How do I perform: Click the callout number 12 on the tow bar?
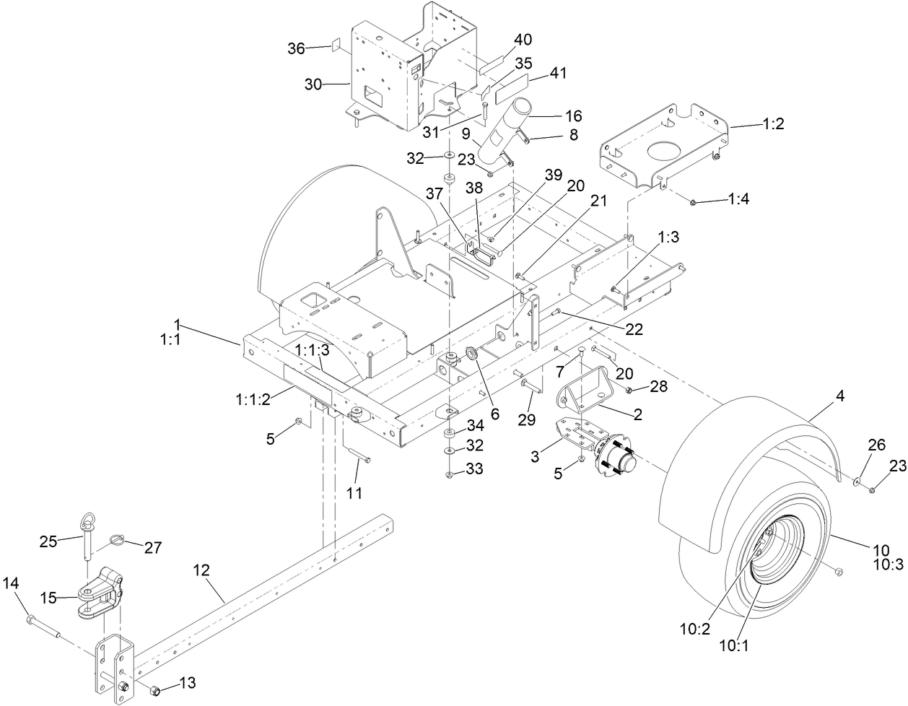point(201,570)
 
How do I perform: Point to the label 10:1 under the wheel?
point(734,646)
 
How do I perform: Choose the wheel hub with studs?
point(616,459)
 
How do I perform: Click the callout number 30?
point(313,84)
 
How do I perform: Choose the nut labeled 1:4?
point(692,202)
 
